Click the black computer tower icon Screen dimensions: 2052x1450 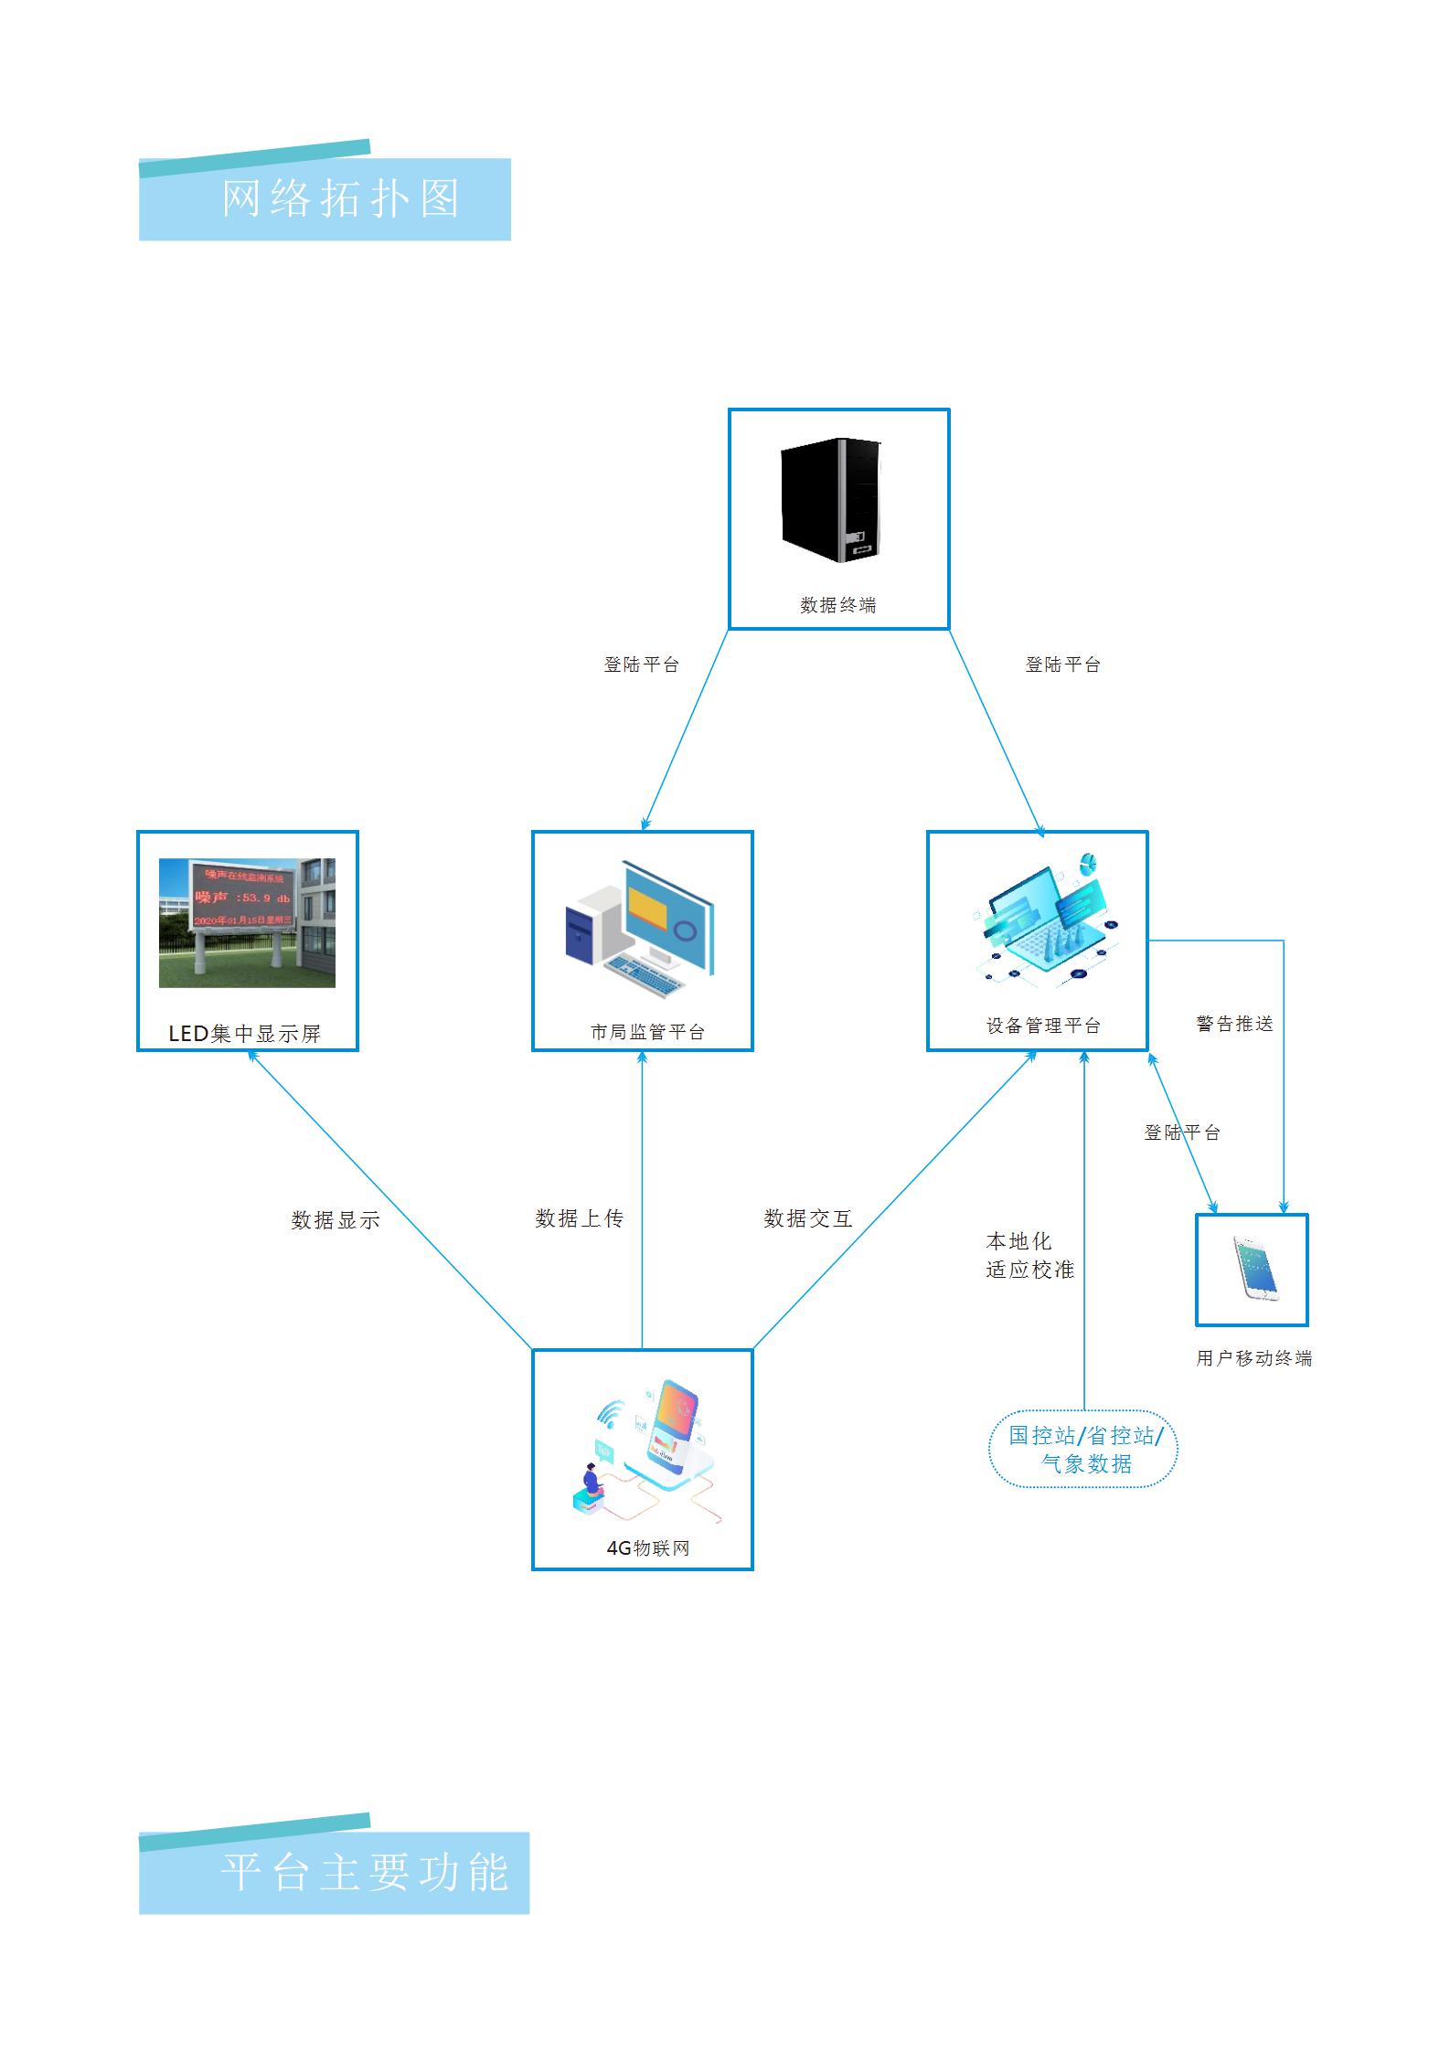[830, 500]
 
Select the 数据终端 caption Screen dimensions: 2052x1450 [837, 605]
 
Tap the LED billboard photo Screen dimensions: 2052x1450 [247, 922]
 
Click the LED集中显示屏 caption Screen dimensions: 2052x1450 [245, 1034]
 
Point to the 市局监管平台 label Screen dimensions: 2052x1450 [647, 1032]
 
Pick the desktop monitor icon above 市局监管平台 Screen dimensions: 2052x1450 [640, 926]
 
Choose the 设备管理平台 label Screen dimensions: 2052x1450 [1043, 1026]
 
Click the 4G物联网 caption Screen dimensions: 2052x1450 [647, 1548]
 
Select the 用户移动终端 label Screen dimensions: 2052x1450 [1253, 1358]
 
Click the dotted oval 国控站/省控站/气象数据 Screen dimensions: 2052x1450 [1084, 1449]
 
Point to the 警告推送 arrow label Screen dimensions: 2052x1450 [1234, 1024]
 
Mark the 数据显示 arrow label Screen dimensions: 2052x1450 [335, 1220]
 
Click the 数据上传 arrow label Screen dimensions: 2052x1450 [579, 1218]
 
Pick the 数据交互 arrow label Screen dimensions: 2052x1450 [807, 1218]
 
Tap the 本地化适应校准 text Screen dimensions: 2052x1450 [1029, 1255]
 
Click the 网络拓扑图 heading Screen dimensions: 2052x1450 [340, 198]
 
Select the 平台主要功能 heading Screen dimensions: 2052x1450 [364, 1873]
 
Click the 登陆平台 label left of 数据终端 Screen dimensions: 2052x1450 [641, 665]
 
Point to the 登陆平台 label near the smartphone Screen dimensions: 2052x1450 [1181, 1132]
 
